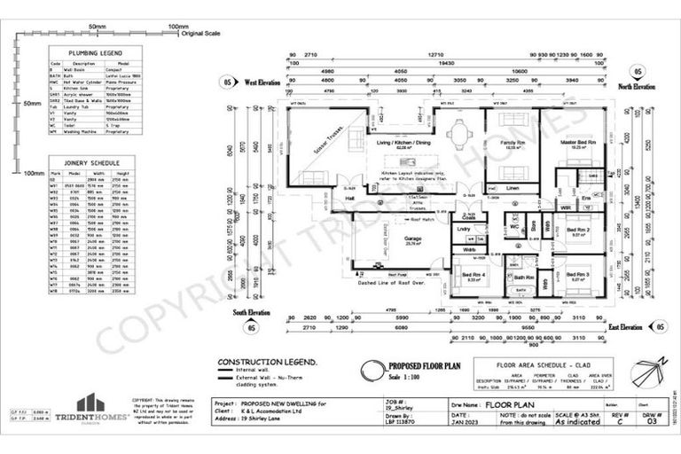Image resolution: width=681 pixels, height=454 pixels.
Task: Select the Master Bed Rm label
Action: (x=577, y=143)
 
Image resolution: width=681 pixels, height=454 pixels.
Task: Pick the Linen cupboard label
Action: (x=513, y=188)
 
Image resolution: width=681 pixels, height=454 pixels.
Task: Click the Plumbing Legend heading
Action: (x=85, y=53)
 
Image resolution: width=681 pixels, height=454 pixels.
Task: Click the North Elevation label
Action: (x=637, y=87)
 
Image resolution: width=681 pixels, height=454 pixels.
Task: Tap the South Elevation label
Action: (x=253, y=313)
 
